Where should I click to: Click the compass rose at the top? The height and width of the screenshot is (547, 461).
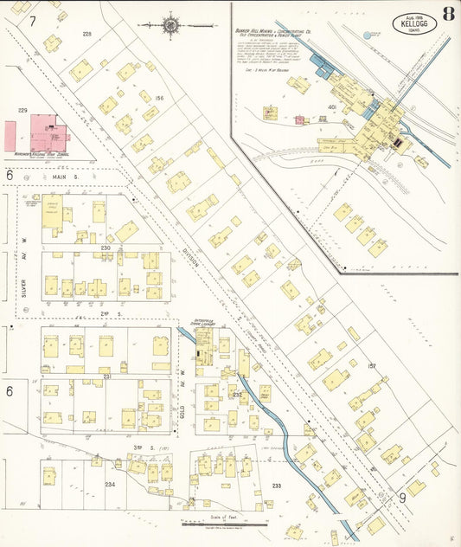(170, 25)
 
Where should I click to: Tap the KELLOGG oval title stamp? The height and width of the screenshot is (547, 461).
(414, 23)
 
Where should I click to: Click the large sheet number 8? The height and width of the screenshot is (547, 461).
(447, 14)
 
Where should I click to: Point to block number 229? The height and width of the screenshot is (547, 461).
(23, 111)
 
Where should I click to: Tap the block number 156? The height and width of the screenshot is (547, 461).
(158, 99)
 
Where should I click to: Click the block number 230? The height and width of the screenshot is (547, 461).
(106, 248)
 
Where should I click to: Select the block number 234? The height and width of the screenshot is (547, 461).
(110, 486)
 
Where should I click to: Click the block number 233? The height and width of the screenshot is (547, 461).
(276, 486)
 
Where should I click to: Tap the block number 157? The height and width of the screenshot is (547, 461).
(372, 366)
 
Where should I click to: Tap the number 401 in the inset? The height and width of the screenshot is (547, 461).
(331, 107)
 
